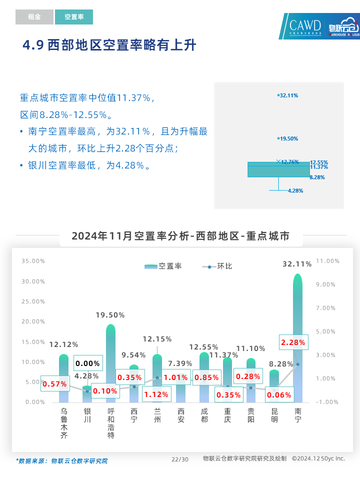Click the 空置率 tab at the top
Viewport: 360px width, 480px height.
(74, 17)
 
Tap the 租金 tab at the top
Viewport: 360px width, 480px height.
(34, 17)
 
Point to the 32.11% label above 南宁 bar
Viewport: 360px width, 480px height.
(297, 263)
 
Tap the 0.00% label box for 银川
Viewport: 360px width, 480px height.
(88, 363)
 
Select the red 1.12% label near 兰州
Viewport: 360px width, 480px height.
(157, 394)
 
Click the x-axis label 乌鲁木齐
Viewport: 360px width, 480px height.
(64, 423)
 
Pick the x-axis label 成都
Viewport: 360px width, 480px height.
(204, 415)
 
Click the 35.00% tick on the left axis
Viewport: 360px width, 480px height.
(33, 261)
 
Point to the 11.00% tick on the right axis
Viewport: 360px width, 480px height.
(328, 261)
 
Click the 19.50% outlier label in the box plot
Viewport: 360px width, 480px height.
(288, 138)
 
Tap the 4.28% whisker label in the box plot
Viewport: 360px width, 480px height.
(295, 190)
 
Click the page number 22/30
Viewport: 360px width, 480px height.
(180, 459)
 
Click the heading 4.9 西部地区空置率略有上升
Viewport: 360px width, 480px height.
(109, 45)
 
